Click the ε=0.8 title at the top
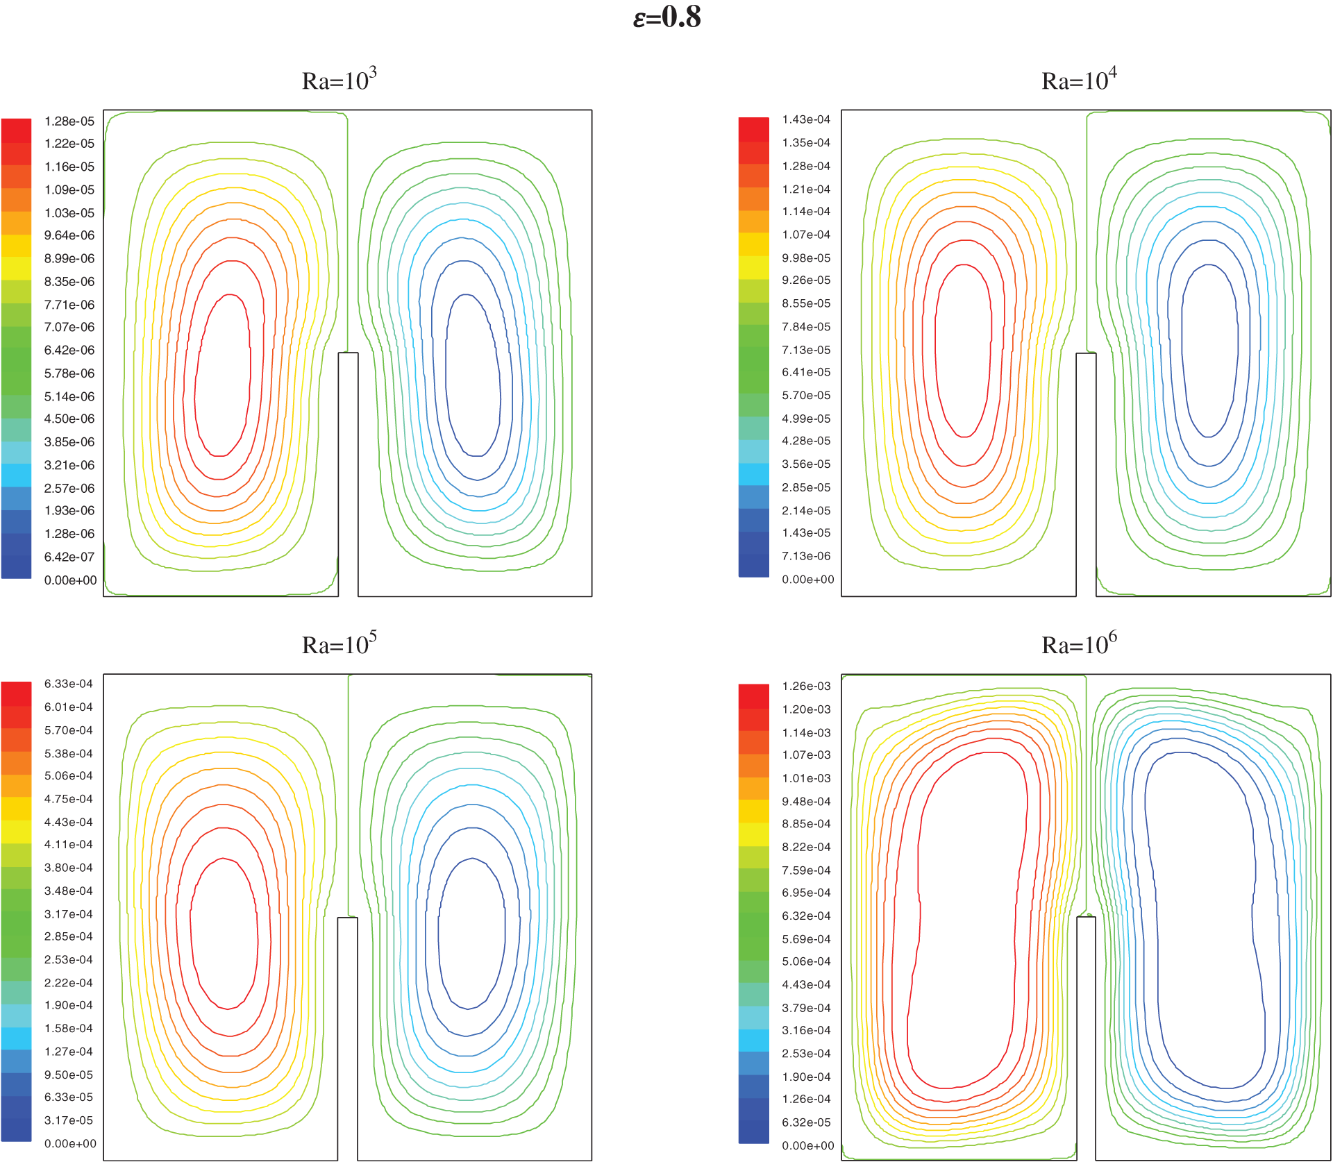[666, 17]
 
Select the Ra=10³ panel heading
[339, 80]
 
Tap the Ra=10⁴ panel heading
[1079, 80]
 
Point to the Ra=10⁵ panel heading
[339, 644]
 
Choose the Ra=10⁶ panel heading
[1079, 644]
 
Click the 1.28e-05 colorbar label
[69, 121]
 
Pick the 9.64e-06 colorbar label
[69, 235]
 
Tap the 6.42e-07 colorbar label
[69, 557]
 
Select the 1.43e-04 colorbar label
[806, 119]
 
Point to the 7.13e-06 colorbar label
[806, 556]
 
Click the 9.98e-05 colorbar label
[806, 258]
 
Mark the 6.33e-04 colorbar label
[69, 684]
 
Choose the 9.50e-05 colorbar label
[69, 1075]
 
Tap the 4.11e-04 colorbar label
[69, 844]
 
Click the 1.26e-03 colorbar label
[806, 686]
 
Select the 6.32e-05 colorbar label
[806, 1122]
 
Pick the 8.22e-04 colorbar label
[806, 847]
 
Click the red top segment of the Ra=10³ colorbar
[16, 130]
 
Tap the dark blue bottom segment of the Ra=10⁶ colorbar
[754, 1132]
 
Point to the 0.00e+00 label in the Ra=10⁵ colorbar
[70, 1143]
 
